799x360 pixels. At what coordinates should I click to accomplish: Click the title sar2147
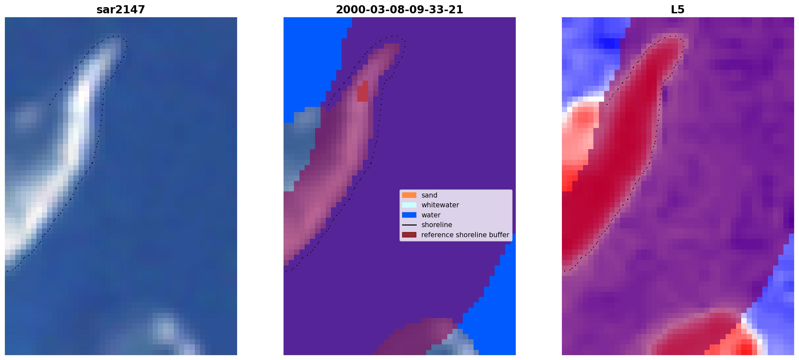point(120,10)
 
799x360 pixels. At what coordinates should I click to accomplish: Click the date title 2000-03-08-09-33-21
point(399,10)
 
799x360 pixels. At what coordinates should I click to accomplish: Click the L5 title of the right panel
point(678,10)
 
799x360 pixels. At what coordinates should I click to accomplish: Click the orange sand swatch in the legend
point(409,195)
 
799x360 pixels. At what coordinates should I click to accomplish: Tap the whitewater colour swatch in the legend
point(409,205)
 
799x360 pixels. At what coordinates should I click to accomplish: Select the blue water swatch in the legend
point(409,215)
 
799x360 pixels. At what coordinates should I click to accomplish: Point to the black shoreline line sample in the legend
point(409,225)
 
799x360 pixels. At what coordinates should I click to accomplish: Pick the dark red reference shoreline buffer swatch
point(409,235)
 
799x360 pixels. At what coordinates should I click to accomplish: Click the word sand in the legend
point(429,195)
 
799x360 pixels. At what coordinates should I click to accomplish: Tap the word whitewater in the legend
point(440,205)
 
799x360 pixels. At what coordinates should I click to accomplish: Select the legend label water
point(431,215)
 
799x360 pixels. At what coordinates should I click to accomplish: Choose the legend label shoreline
point(437,225)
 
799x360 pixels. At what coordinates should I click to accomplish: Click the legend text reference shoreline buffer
point(465,235)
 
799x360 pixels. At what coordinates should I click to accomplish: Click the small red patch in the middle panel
point(363,91)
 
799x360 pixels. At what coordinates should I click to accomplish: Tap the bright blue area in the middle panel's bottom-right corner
point(494,305)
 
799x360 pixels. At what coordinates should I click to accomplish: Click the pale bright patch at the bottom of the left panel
point(166,328)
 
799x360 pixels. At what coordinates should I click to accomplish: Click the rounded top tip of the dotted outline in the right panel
point(674,36)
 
